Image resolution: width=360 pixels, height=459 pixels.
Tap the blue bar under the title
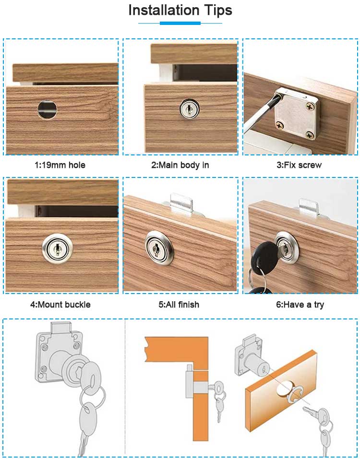180,23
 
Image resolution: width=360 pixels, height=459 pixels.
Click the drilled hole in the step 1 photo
47,109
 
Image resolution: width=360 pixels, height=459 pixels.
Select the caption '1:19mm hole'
60,165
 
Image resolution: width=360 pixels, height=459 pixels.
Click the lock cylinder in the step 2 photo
190,109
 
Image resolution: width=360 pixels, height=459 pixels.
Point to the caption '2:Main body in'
180,165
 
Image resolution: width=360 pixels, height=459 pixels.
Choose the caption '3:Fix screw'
299,165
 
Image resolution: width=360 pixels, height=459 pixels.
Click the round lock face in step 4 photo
57,249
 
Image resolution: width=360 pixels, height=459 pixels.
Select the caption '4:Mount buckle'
60,305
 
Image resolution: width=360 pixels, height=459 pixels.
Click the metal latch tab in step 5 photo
181,204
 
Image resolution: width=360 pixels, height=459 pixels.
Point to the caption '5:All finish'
179,305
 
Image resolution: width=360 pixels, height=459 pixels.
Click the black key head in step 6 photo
264,254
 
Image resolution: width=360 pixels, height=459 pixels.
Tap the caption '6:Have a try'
300,305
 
